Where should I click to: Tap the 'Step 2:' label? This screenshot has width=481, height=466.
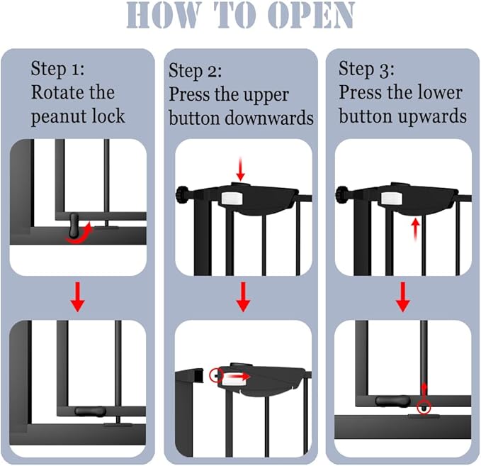pos(196,71)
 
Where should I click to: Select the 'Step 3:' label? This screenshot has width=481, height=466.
pos(366,69)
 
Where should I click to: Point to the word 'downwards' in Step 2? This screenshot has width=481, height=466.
pos(270,118)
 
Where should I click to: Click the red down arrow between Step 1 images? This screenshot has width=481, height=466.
pos(78,299)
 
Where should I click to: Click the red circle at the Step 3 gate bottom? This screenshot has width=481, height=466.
pos(424,406)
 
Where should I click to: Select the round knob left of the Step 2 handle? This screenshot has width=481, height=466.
pos(183,192)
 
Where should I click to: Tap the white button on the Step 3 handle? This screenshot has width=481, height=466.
pos(392,196)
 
